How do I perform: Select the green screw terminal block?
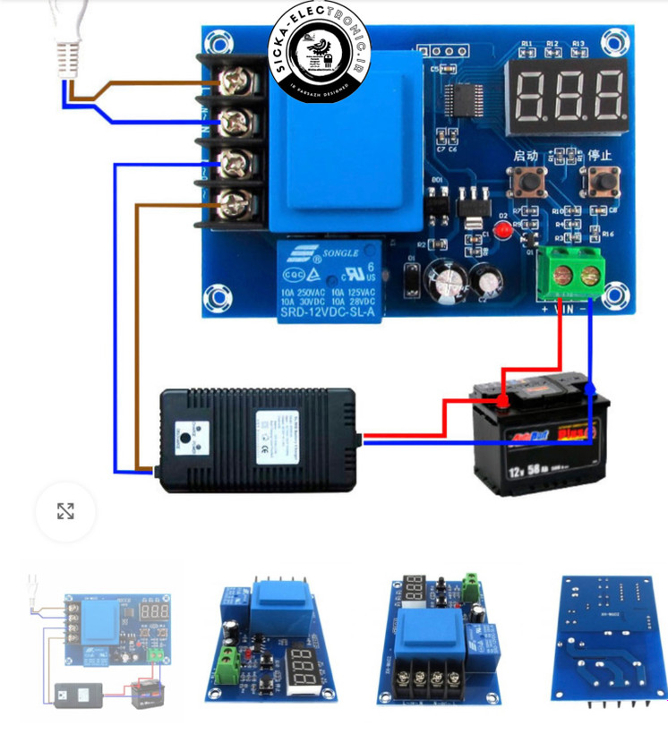pos(576,275)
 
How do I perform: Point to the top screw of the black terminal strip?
pos(235,82)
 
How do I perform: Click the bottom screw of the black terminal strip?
pos(235,201)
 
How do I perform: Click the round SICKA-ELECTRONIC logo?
pos(320,52)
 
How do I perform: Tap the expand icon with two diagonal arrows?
pos(65,511)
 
